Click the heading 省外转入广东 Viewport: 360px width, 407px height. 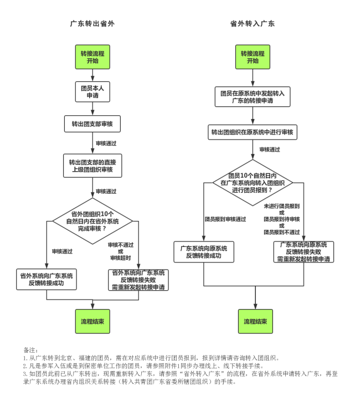[253, 24]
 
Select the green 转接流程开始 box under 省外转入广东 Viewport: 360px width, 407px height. [253, 57]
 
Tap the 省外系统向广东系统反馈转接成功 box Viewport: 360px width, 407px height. [47, 280]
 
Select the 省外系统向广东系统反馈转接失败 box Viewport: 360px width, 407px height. [139, 280]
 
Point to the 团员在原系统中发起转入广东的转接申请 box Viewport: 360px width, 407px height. [253, 97]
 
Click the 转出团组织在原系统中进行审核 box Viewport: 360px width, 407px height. [253, 133]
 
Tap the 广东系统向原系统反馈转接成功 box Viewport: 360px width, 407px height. [204, 252]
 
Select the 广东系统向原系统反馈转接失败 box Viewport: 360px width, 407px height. [304, 251]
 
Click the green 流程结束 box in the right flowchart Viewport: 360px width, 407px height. [255, 321]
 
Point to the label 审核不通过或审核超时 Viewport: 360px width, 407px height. [121, 251]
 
